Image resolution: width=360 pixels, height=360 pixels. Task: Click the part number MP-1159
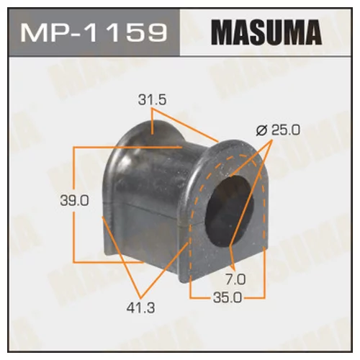click(x=94, y=32)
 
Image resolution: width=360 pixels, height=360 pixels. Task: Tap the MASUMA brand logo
click(x=266, y=32)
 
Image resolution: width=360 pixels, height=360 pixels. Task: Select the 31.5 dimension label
click(x=152, y=100)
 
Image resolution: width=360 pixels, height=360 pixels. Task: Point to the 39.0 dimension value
click(x=75, y=201)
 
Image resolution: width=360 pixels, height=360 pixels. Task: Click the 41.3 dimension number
click(x=141, y=307)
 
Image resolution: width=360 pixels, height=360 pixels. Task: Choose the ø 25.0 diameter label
click(x=278, y=130)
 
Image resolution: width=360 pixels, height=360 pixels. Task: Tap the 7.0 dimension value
click(x=236, y=280)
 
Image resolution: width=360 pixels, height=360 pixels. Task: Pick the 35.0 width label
click(x=228, y=298)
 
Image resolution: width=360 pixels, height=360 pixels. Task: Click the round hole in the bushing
click(x=229, y=209)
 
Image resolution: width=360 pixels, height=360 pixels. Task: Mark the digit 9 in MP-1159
click(x=156, y=32)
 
